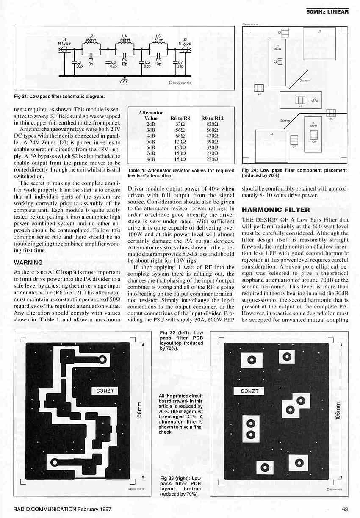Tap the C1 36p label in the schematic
(x=79, y=64)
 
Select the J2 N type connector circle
(x=185, y=50)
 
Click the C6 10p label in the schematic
(x=158, y=62)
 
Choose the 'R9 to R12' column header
(x=213, y=119)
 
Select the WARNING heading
(x=28, y=263)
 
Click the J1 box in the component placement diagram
(x=319, y=44)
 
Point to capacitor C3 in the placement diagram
(x=259, y=89)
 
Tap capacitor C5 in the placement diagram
(x=331, y=113)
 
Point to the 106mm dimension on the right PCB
(x=338, y=410)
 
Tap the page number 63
(x=345, y=509)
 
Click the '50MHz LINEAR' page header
(x=327, y=11)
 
